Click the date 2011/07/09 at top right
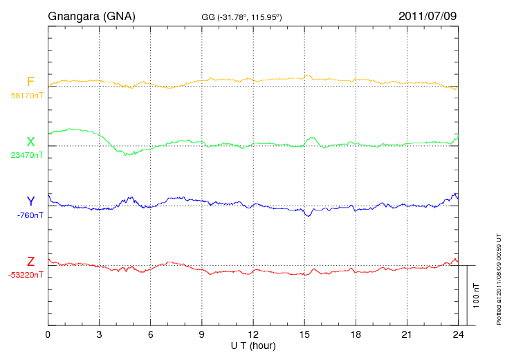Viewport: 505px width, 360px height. (428, 15)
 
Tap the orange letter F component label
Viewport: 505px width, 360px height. (30, 82)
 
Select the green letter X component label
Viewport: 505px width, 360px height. (30, 142)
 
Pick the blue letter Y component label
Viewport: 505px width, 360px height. (30, 201)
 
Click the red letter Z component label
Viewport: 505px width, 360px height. (30, 261)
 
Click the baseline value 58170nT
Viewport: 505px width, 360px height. (27, 96)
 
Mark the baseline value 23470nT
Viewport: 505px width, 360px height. (27, 155)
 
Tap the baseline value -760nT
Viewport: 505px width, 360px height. (30, 215)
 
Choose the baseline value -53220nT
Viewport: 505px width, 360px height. (26, 275)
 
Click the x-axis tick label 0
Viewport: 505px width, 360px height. (48, 334)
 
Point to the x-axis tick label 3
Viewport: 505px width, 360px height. (99, 334)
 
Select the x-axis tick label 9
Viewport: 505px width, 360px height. (202, 334)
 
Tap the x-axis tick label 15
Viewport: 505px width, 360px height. (304, 334)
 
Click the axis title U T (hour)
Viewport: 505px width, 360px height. (253, 345)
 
